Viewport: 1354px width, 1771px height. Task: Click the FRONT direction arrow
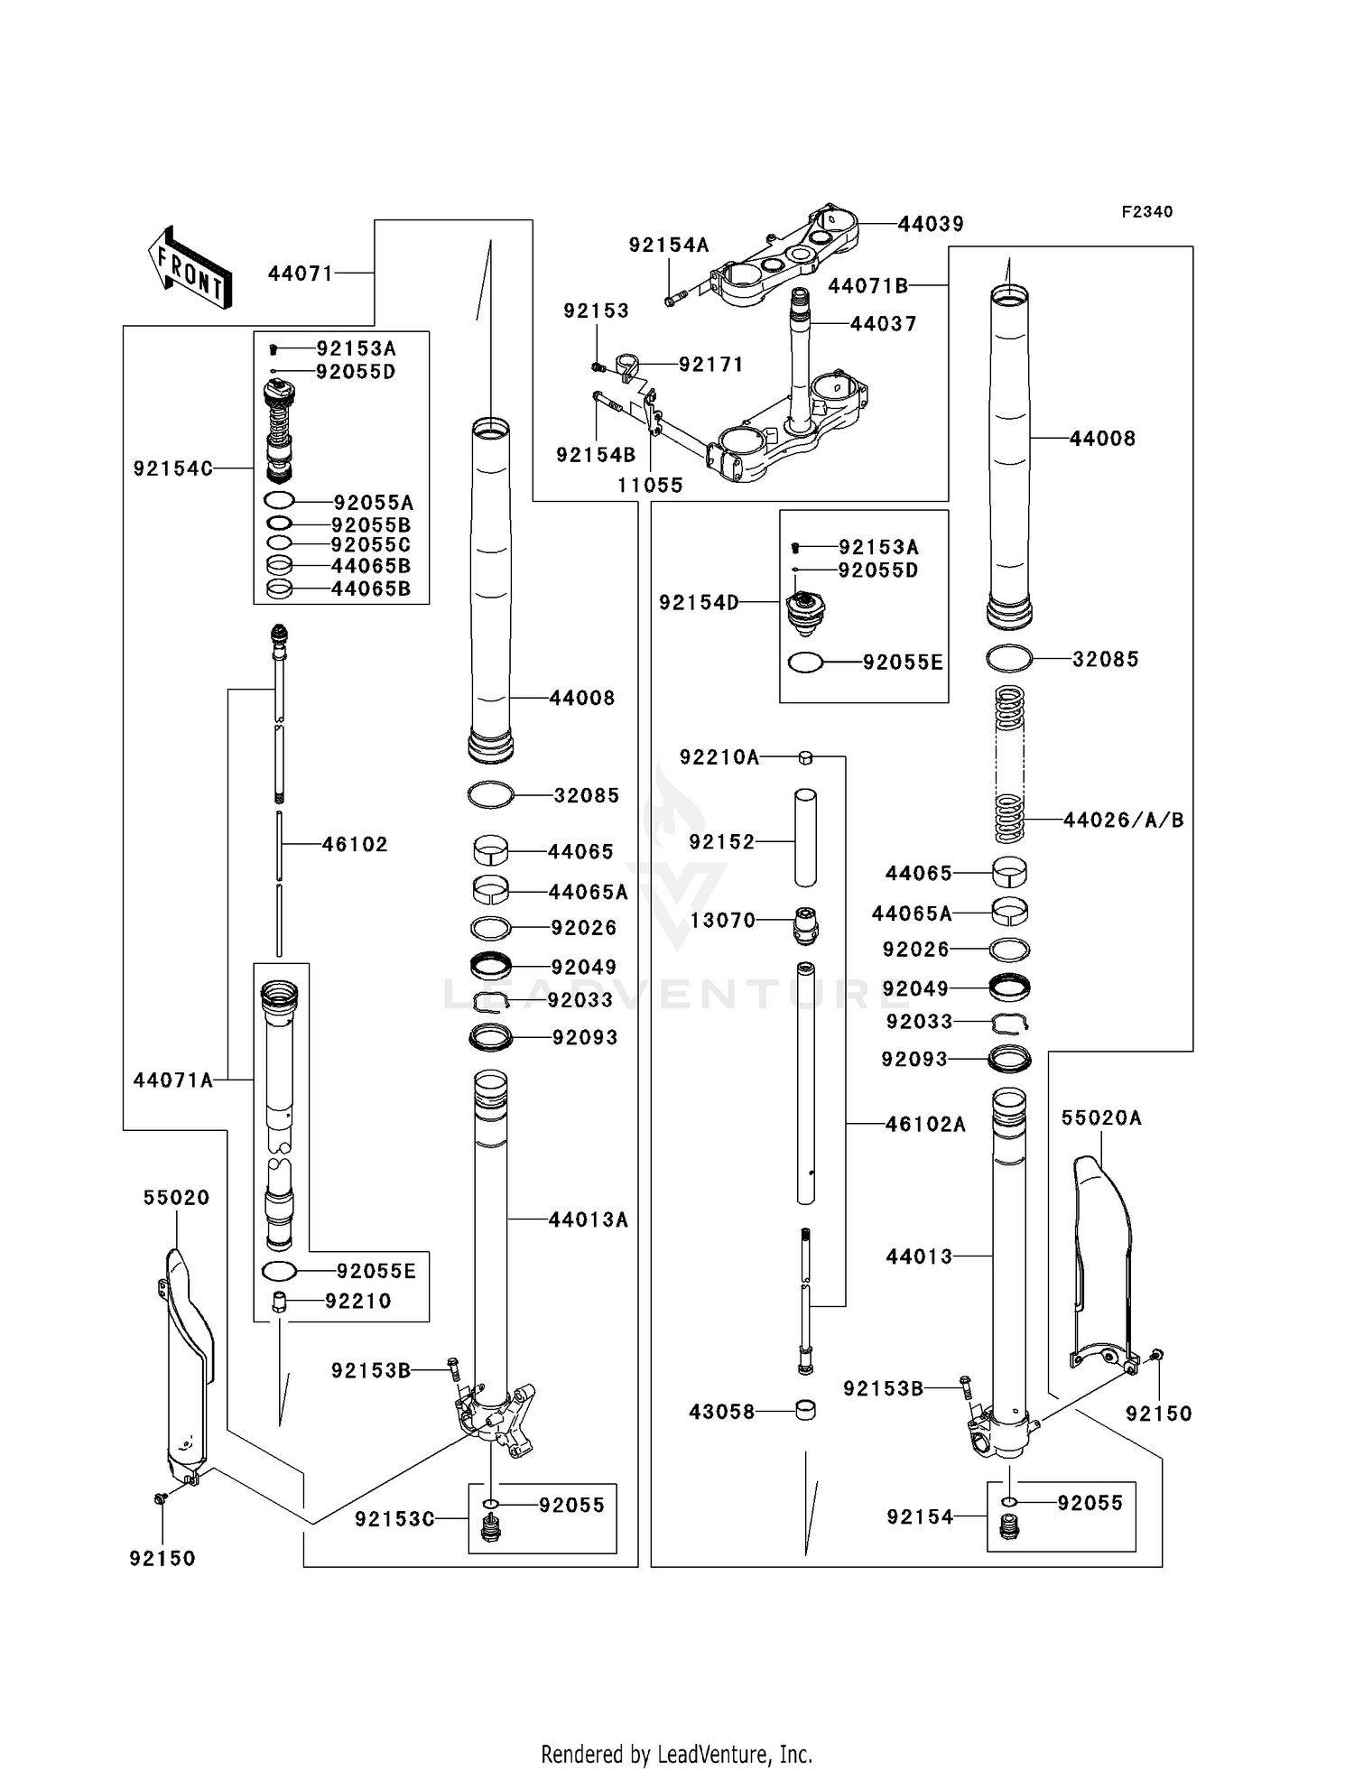click(x=190, y=268)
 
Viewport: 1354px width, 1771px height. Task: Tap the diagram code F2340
click(x=1146, y=212)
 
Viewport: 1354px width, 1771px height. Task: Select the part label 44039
click(x=931, y=224)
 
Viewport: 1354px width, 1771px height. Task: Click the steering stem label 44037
click(x=883, y=323)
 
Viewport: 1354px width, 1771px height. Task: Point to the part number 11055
click(x=650, y=485)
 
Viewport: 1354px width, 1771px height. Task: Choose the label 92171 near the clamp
click(x=711, y=364)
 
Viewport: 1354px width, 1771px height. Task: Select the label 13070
click(x=722, y=920)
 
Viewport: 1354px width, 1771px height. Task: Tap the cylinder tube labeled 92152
click(x=805, y=838)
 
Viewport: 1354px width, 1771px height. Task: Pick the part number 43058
click(x=721, y=1411)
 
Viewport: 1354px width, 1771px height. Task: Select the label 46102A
click(x=925, y=1124)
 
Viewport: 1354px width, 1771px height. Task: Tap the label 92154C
click(x=173, y=468)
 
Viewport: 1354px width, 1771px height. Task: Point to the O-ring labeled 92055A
click(x=279, y=501)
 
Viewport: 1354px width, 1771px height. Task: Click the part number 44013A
click(x=588, y=1219)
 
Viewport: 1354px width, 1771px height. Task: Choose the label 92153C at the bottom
click(x=394, y=1519)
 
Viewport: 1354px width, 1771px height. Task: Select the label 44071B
click(x=867, y=285)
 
